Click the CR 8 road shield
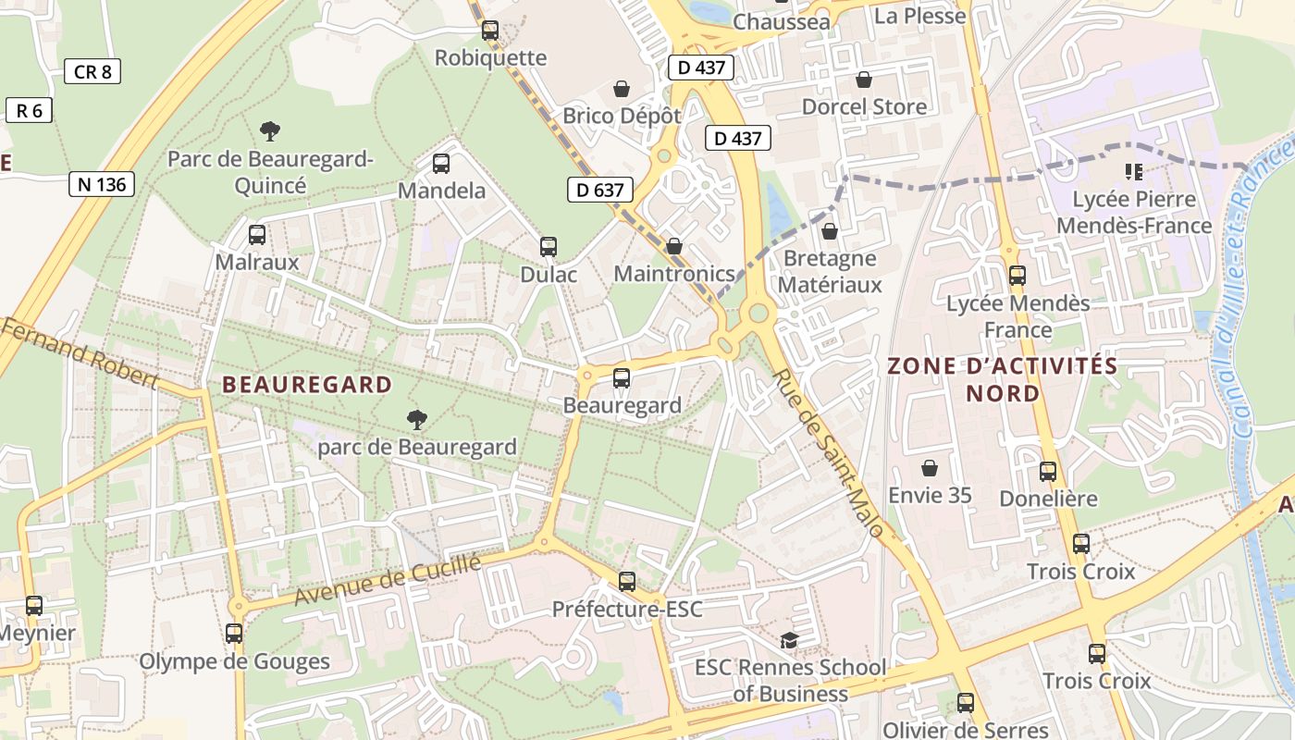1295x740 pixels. point(92,71)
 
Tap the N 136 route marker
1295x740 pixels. point(102,184)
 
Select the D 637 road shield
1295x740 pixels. point(599,191)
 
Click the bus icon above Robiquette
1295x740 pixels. point(490,31)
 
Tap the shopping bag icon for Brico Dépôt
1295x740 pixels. point(622,90)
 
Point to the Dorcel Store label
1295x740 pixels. point(864,107)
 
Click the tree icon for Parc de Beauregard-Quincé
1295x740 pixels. point(270,131)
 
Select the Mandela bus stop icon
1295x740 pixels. point(441,164)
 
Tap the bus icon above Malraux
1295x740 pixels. point(257,235)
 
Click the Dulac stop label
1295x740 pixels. point(549,275)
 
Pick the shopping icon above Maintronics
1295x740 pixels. point(674,247)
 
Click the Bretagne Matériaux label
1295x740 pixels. point(830,271)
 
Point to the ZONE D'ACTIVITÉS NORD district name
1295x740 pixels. point(1003,379)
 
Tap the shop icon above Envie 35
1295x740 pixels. point(930,469)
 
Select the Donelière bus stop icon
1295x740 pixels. point(1048,472)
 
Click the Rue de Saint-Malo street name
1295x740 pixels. point(830,453)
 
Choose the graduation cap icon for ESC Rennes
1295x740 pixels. point(789,640)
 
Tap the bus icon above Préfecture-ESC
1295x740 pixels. point(627,582)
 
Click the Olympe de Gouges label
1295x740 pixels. point(234,662)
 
